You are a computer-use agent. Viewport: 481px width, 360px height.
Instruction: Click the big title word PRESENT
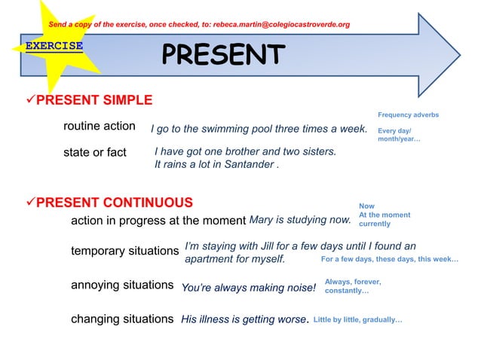tap(223, 55)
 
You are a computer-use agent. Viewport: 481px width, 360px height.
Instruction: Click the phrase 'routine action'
tap(99, 126)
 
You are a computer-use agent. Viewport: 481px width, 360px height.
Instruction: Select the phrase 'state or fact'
tap(94, 153)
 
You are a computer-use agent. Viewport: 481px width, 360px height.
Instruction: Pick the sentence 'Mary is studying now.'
tap(300, 221)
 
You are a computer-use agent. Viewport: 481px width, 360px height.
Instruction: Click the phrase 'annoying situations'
tap(122, 285)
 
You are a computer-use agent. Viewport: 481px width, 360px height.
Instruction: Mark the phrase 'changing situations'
tap(122, 319)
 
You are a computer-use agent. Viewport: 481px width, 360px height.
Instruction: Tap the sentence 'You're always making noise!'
tap(248, 287)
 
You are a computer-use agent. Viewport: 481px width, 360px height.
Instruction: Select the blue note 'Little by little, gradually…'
tap(357, 320)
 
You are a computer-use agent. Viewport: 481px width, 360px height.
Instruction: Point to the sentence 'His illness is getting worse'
tap(243, 319)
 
